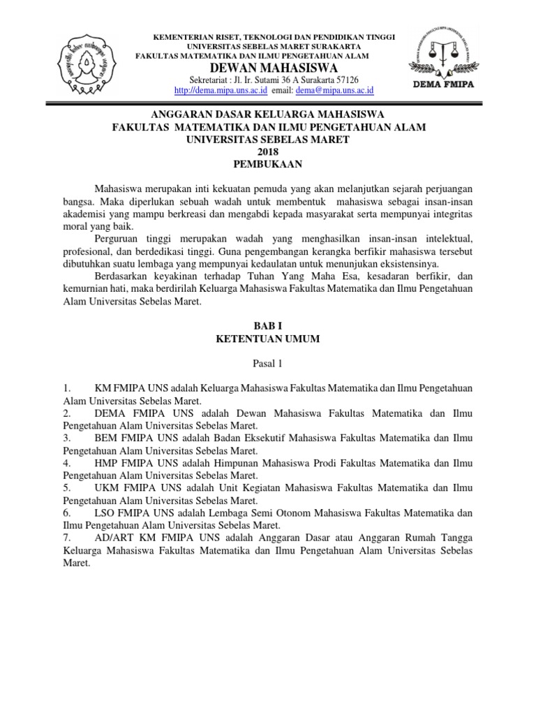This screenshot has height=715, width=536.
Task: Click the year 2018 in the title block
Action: point(267,152)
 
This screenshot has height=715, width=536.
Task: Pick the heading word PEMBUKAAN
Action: point(267,165)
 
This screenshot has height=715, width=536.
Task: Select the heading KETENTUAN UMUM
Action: point(268,339)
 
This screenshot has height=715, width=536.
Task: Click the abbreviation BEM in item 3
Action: point(105,438)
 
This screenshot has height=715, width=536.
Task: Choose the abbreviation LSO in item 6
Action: point(105,513)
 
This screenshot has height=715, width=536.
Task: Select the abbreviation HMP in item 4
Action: point(106,463)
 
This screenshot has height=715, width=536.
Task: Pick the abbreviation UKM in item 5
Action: point(106,488)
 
